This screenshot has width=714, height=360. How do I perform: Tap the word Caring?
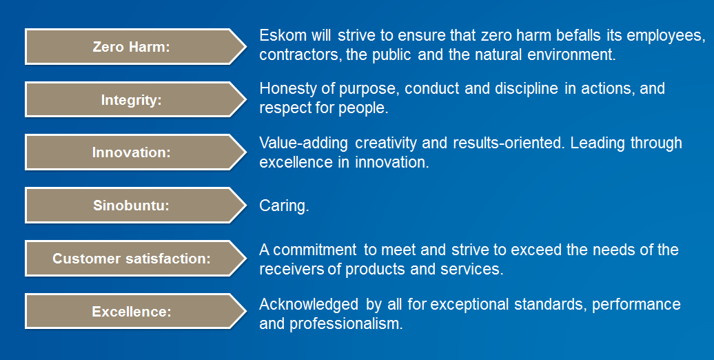pos(284,206)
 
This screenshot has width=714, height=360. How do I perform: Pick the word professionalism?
pos(347,324)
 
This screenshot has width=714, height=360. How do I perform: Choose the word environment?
pos(571,54)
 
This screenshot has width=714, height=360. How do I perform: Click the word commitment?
pos(315,250)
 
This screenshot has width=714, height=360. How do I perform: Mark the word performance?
pos(636,305)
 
